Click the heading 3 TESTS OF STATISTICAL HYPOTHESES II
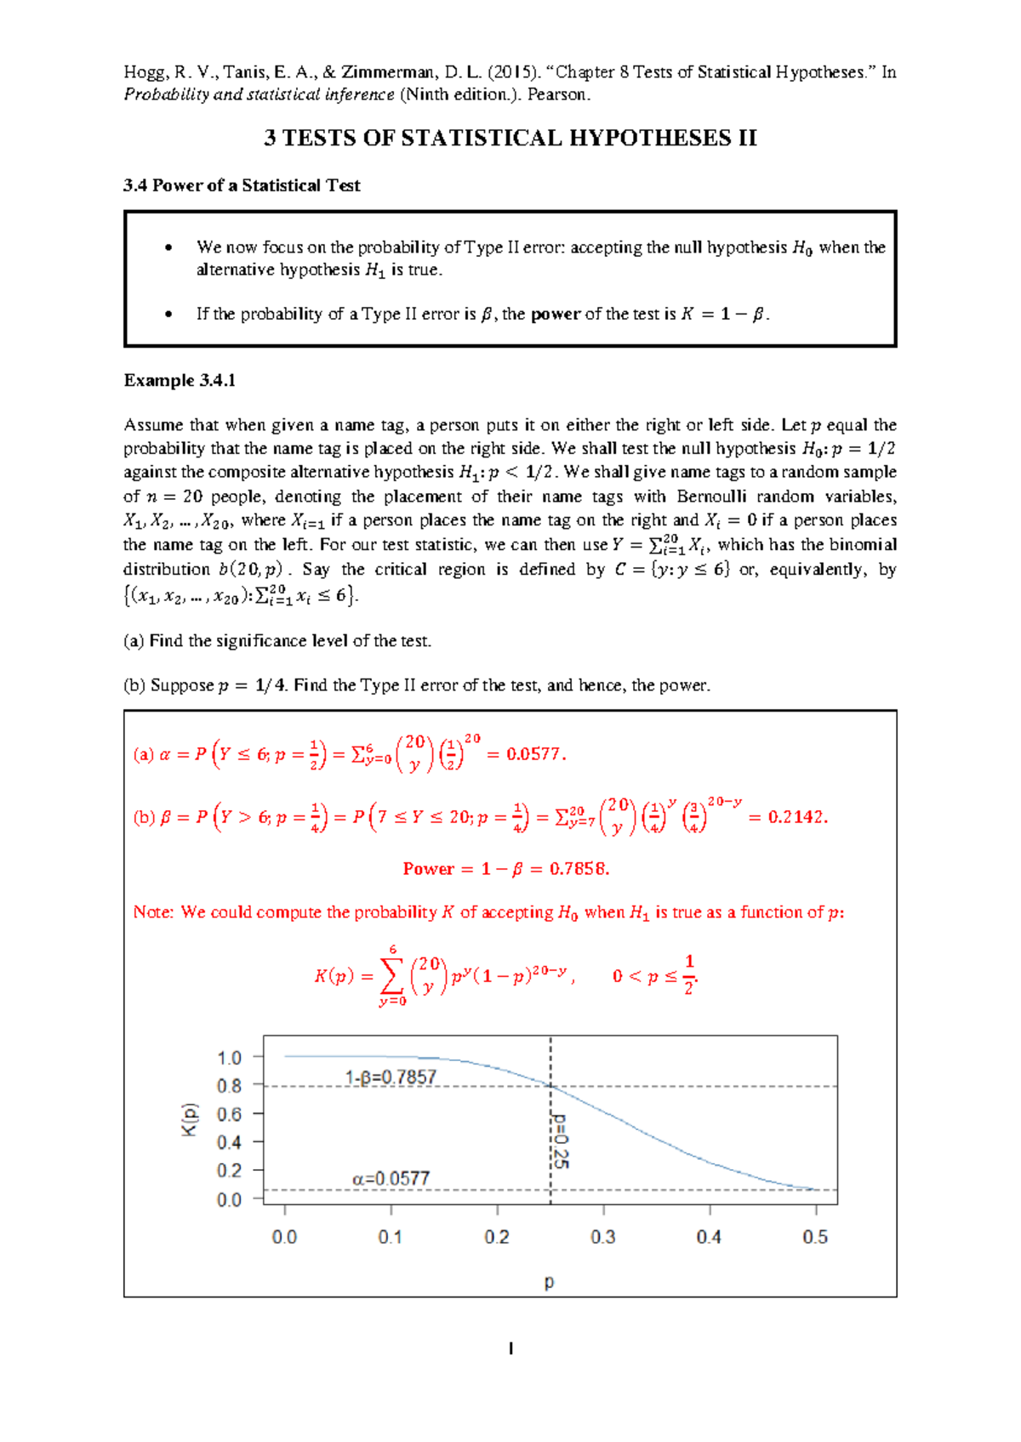[510, 139]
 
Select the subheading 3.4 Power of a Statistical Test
[242, 185]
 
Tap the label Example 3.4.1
[180, 381]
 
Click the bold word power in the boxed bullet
[556, 315]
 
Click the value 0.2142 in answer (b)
[796, 817]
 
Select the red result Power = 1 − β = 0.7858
[506, 869]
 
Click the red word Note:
[153, 912]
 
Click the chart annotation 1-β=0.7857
[391, 1077]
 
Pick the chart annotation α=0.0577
[391, 1178]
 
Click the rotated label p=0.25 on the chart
[560, 1140]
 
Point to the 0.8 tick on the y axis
[229, 1086]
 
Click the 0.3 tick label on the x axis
[602, 1237]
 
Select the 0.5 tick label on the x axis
[814, 1237]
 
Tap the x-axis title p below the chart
[549, 1281]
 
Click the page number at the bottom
[510, 1348]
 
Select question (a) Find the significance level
[277, 641]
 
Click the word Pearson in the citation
[557, 94]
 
